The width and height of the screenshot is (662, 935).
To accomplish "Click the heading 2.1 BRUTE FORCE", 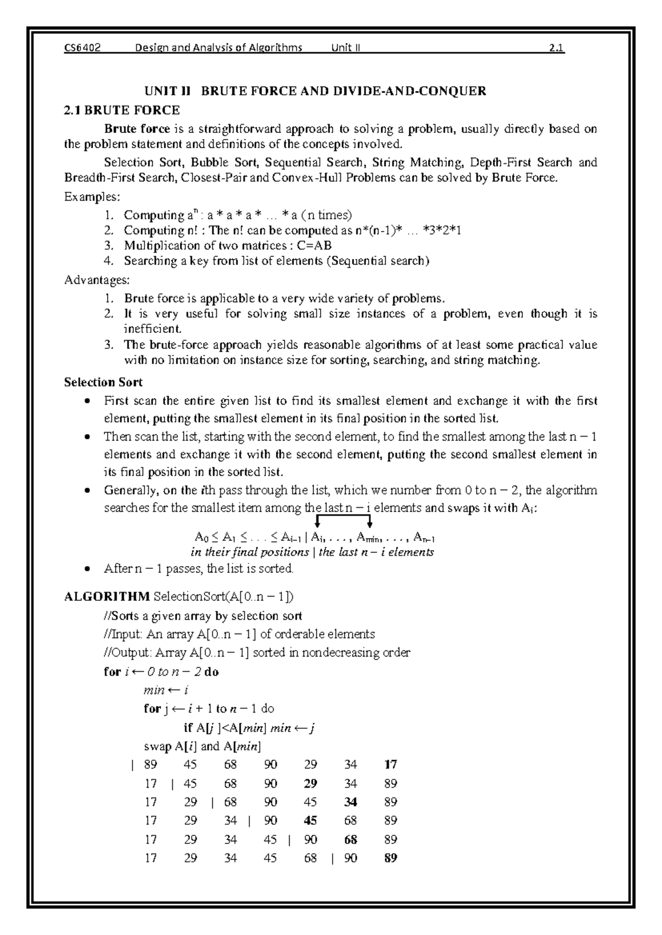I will (122, 110).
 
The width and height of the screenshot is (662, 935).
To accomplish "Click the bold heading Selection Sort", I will (103, 382).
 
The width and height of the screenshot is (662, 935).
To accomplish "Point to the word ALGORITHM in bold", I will (107, 597).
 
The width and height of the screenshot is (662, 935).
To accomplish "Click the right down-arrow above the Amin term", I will (370, 522).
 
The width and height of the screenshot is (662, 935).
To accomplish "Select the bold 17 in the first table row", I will (391, 765).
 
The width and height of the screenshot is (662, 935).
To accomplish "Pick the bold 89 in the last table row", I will (391, 858).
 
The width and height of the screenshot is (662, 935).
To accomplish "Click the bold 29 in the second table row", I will (311, 783).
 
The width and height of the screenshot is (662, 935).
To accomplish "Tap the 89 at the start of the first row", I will (150, 765).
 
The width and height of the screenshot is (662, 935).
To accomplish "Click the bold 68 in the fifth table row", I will (350, 840).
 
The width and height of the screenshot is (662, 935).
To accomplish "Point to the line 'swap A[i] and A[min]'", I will (202, 746).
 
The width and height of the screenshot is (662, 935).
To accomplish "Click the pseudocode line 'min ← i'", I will (165, 690).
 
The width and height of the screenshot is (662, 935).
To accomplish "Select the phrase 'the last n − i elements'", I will (376, 552).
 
